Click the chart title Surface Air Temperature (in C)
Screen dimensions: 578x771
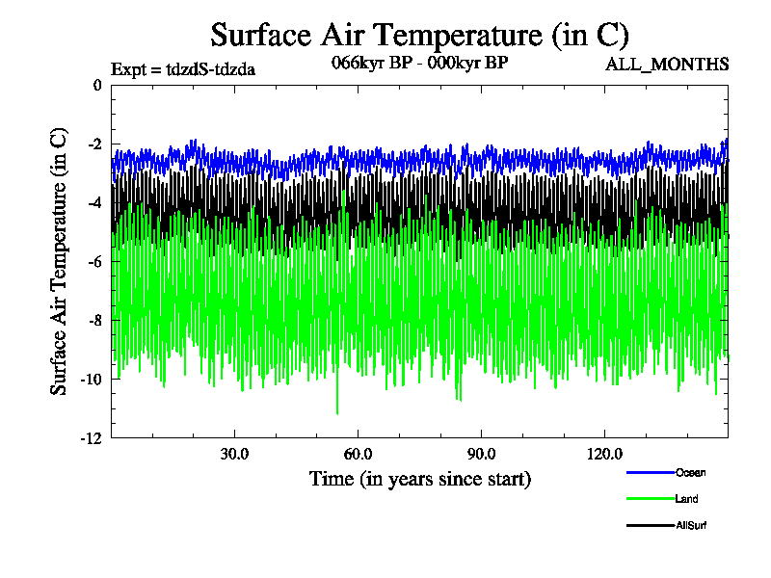coord(419,36)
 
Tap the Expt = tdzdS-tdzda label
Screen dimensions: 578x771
coord(183,68)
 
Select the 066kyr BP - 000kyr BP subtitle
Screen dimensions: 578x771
coord(418,64)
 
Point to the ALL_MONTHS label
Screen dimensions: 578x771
coord(666,65)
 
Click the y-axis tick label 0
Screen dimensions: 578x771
coord(96,85)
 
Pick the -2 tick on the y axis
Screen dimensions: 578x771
coord(93,144)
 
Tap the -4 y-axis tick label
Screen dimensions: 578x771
coord(93,203)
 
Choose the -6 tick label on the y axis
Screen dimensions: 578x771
coord(93,262)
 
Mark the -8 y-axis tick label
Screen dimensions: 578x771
coord(93,321)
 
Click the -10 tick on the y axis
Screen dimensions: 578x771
coord(91,380)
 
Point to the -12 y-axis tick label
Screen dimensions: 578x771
coord(91,438)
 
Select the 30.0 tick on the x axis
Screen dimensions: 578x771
coord(234,454)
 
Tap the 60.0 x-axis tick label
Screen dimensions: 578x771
coord(358,454)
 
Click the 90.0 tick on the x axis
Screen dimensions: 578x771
coord(481,454)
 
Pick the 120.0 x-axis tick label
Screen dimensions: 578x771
coord(604,454)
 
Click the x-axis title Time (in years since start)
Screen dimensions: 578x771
coord(419,479)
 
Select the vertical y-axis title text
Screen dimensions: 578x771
coord(60,261)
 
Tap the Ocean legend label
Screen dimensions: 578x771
coord(690,472)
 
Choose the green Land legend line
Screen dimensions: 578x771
coord(649,499)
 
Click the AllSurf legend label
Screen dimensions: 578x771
coord(692,525)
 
